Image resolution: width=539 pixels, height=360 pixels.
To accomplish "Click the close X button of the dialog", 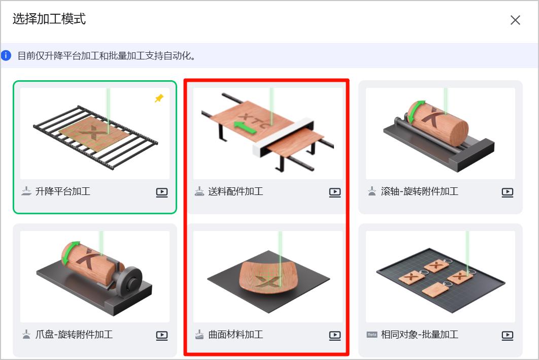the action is (515, 20).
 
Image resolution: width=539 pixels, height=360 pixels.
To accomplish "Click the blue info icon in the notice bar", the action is (6, 55).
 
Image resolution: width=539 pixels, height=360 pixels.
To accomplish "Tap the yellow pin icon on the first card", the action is (159, 99).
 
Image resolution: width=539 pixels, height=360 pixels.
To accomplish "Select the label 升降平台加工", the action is (62, 191).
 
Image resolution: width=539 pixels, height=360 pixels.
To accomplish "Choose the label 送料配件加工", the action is (235, 191).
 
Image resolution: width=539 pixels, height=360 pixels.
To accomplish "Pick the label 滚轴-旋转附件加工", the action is (419, 191).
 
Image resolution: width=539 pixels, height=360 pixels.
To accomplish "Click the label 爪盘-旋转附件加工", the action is (74, 335).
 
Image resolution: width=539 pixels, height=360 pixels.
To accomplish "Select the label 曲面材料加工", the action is (235, 335).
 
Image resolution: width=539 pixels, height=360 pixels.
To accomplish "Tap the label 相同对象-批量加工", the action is (419, 335).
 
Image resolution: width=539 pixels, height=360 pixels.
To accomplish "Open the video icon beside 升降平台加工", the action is (162, 192).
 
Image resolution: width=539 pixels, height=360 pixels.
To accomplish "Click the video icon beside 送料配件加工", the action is (335, 192).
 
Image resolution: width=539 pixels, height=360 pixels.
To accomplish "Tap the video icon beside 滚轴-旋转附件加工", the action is (508, 192).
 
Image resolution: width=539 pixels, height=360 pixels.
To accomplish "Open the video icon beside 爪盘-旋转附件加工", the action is (162, 335).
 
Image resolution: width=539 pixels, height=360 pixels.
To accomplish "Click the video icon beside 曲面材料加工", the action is (335, 335).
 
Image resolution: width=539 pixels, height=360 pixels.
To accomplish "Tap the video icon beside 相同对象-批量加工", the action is (508, 335).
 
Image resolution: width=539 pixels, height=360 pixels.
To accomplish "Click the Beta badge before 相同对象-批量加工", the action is (372, 335).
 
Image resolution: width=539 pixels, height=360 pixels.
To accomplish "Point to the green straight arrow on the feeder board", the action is (245, 127).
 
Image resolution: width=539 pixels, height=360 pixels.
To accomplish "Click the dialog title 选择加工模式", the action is (49, 19).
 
